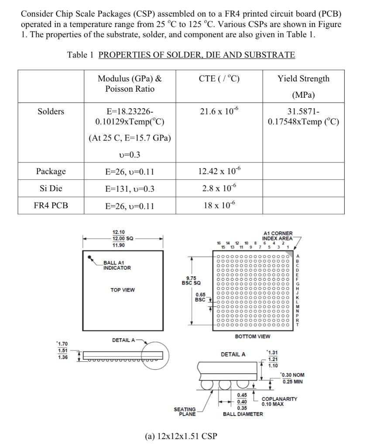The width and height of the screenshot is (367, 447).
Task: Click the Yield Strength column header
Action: [x=303, y=79]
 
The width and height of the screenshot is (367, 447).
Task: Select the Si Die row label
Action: [x=51, y=189]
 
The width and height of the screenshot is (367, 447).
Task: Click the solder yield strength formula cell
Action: [x=303, y=117]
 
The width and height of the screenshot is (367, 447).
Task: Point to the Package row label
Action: [x=51, y=171]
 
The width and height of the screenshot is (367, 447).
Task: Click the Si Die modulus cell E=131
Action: [x=130, y=189]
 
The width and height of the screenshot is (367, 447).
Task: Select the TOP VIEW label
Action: [x=123, y=290]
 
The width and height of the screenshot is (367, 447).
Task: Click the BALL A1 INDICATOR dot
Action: [x=90, y=258]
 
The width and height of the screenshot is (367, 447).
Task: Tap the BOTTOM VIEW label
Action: [x=252, y=337]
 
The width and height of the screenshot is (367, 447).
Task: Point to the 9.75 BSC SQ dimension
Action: [x=191, y=280]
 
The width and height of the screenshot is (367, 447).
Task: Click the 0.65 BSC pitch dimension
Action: [x=200, y=297]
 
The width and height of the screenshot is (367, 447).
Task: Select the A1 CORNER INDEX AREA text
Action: [x=278, y=236]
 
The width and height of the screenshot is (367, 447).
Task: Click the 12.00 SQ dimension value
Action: [x=123, y=239]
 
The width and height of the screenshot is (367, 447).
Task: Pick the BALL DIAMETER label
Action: [x=243, y=414]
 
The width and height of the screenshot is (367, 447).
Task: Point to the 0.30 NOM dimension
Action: [x=292, y=375]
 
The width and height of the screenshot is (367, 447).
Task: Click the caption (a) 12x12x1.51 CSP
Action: [x=180, y=436]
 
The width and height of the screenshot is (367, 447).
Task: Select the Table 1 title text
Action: [x=181, y=55]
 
